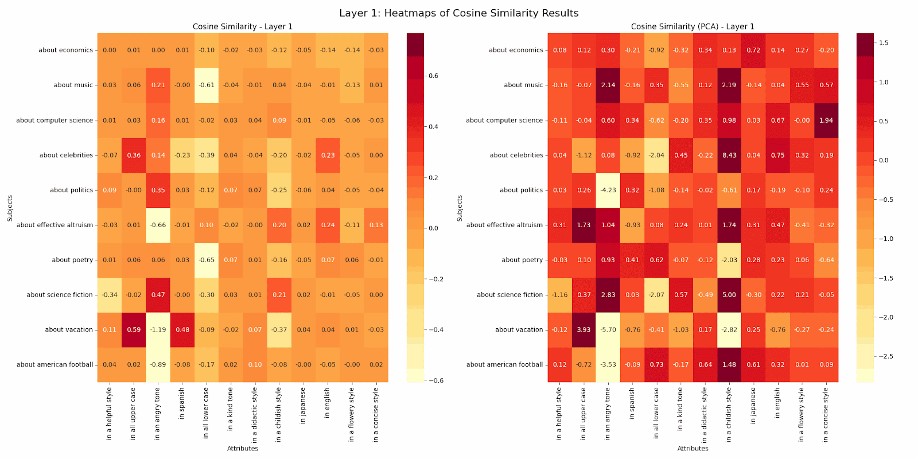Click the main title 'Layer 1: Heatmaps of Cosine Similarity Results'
pyautogui.click(x=458, y=13)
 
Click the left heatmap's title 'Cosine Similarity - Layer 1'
pyautogui.click(x=242, y=26)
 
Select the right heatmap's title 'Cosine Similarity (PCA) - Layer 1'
pyautogui.click(x=693, y=26)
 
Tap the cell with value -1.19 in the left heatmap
pyautogui.click(x=158, y=330)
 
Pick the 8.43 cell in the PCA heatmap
pyautogui.click(x=729, y=155)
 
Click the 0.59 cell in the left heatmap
pyautogui.click(x=134, y=330)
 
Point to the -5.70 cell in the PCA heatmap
pyautogui.click(x=608, y=330)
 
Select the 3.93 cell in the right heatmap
pyautogui.click(x=584, y=330)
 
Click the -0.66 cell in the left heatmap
pyautogui.click(x=158, y=225)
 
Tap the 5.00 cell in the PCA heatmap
pyautogui.click(x=729, y=295)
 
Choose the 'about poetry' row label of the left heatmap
pyautogui.click(x=72, y=260)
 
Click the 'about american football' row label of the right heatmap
pyautogui.click(x=504, y=364)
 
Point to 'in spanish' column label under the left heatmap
pyautogui.click(x=182, y=403)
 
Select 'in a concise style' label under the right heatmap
pyautogui.click(x=826, y=415)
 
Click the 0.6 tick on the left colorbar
pyautogui.click(x=434, y=76)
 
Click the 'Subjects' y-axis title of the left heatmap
pyautogui.click(x=10, y=208)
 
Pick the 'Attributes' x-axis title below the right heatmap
pyautogui.click(x=693, y=449)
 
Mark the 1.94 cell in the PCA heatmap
pyautogui.click(x=826, y=120)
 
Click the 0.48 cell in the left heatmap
pyautogui.click(x=182, y=330)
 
